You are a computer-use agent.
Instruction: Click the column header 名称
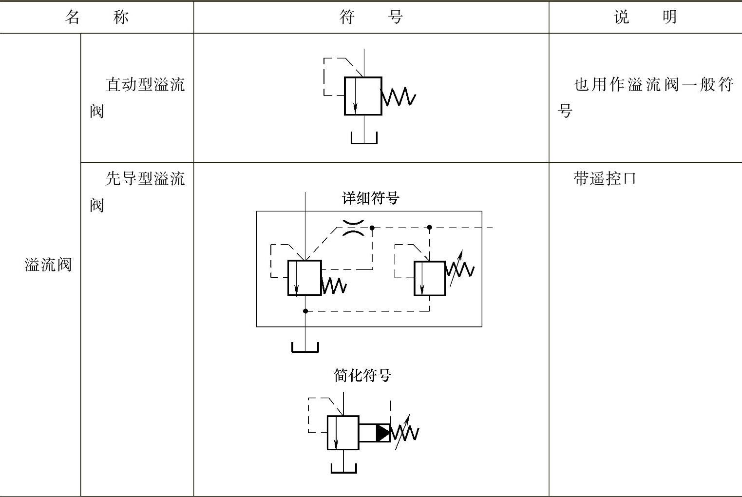[x=96, y=17]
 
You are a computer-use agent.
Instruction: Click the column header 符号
[x=371, y=17]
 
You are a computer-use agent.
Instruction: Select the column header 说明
[x=645, y=17]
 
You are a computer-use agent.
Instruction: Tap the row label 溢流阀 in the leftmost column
[x=48, y=265]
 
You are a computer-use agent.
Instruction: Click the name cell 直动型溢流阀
[x=137, y=97]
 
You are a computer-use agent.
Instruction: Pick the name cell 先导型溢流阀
[x=137, y=191]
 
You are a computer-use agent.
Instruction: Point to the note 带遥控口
[x=605, y=178]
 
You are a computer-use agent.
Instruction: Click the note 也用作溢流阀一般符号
[x=646, y=97]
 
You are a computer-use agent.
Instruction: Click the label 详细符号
[x=370, y=198]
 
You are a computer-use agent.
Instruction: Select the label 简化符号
[x=362, y=375]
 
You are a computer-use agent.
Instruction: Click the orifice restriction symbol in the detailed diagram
[x=353, y=228]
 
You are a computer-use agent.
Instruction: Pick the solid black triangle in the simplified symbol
[x=382, y=433]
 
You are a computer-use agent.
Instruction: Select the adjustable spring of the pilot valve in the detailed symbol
[x=459, y=269]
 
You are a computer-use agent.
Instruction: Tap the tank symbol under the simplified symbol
[x=343, y=468]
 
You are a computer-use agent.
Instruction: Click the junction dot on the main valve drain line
[x=305, y=311]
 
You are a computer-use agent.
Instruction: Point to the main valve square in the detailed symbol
[x=304, y=278]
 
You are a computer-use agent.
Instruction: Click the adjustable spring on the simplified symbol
[x=405, y=432]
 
